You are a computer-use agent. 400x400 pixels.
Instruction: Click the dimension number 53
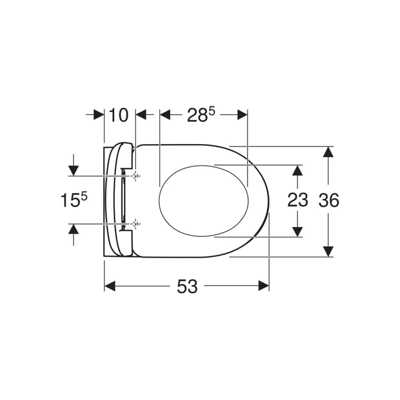click(x=187, y=286)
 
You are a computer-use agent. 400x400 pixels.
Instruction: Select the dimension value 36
click(x=329, y=200)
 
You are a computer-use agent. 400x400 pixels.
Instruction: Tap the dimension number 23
click(x=298, y=200)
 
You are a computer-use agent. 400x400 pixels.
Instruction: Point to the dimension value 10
click(x=119, y=115)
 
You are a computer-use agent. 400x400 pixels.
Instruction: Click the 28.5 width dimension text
click(x=201, y=115)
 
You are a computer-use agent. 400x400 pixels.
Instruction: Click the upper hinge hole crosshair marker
click(x=136, y=176)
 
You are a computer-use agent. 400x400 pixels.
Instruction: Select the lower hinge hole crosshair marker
click(x=136, y=224)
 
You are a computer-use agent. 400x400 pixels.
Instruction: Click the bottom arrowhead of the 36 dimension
click(x=328, y=252)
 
